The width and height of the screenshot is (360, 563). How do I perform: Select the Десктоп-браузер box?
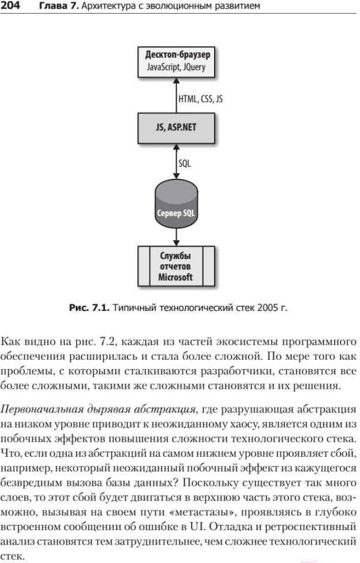[177, 62]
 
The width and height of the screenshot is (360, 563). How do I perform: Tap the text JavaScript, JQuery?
[176, 67]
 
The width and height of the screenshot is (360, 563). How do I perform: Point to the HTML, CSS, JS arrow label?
[200, 99]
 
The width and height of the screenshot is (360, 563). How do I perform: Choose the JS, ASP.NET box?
[177, 128]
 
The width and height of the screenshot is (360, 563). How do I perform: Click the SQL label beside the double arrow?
[185, 163]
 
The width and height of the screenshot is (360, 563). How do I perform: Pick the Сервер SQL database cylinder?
[176, 204]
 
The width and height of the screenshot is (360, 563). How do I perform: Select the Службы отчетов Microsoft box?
[177, 266]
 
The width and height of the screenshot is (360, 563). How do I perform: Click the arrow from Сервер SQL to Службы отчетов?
[176, 237]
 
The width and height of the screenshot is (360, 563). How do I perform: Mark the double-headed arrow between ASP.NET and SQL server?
[176, 162]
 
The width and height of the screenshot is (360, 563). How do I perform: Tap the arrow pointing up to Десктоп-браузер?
[176, 96]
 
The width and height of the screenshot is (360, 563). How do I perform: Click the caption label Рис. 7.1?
[89, 307]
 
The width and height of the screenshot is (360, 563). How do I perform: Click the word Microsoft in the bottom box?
[176, 277]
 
